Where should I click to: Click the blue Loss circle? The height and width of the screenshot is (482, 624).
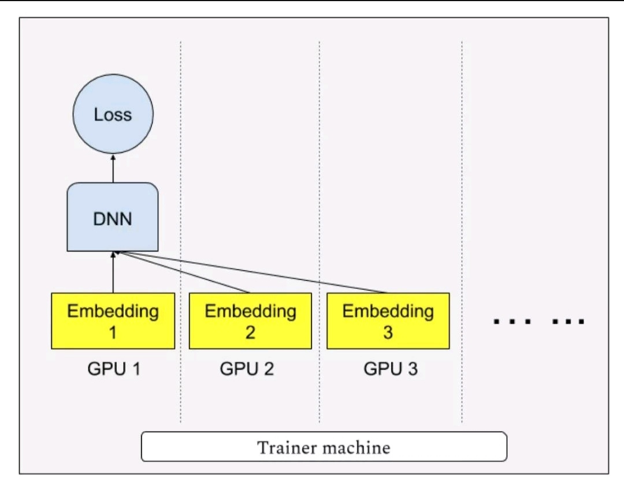point(113,114)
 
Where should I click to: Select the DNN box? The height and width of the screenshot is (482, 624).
point(113,217)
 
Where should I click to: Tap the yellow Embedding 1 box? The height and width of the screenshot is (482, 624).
point(113,321)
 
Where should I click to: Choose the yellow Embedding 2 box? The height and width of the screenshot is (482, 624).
point(250,321)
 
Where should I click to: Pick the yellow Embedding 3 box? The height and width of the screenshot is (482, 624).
point(388,321)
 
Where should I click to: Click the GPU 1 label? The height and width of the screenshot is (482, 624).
point(114,369)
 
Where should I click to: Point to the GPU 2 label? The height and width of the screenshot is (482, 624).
point(247,369)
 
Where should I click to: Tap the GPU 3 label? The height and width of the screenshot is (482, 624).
point(391,369)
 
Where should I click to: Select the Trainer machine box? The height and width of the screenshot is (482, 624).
point(324,447)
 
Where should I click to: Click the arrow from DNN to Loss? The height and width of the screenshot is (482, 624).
point(113,169)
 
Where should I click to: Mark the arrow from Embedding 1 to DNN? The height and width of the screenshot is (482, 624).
point(113,272)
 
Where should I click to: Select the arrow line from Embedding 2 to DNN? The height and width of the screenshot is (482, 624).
point(183,272)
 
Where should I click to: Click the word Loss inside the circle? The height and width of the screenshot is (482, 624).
point(113,114)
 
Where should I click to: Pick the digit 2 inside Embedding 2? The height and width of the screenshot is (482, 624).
point(250,332)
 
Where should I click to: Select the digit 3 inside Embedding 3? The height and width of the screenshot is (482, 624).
point(388,332)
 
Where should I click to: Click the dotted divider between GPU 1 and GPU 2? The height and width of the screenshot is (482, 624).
point(180,231)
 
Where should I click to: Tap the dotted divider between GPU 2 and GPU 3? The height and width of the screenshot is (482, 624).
point(319,231)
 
